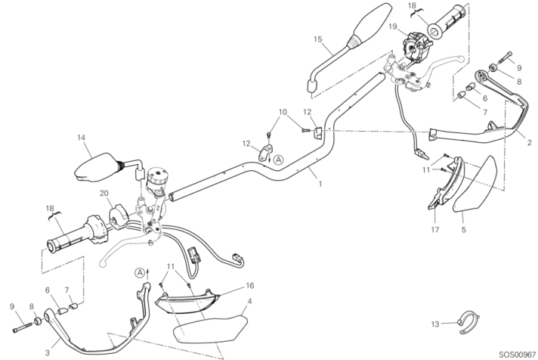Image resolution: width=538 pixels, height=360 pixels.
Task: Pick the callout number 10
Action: [283, 113]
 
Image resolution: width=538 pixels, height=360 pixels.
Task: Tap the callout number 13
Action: [433, 324]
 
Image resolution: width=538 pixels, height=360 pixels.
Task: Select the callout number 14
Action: [79, 138]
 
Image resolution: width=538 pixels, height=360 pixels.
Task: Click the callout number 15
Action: [318, 39]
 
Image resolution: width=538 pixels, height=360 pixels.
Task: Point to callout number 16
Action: [249, 286]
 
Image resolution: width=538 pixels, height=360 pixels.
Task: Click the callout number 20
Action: [104, 193]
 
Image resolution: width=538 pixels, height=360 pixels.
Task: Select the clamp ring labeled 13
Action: [467, 319]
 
